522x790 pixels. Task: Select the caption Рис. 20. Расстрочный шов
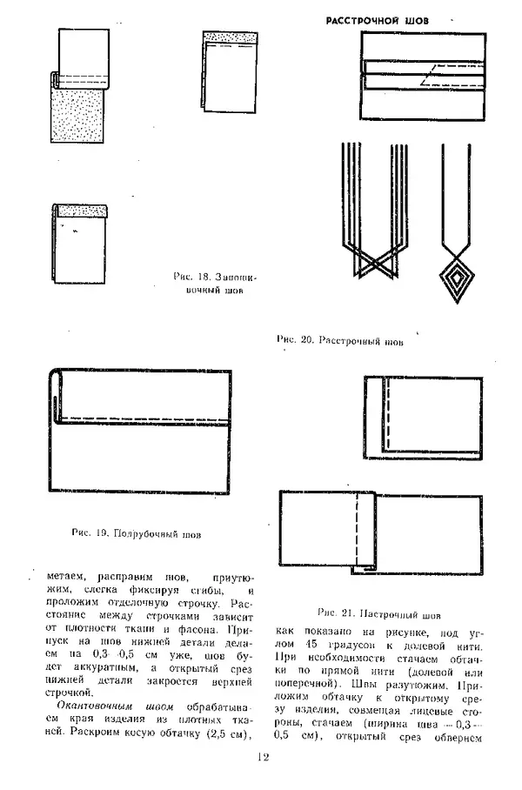pyautogui.click(x=339, y=340)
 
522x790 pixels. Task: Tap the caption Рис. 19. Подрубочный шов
pyautogui.click(x=137, y=533)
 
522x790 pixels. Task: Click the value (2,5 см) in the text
pyautogui.click(x=220, y=733)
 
